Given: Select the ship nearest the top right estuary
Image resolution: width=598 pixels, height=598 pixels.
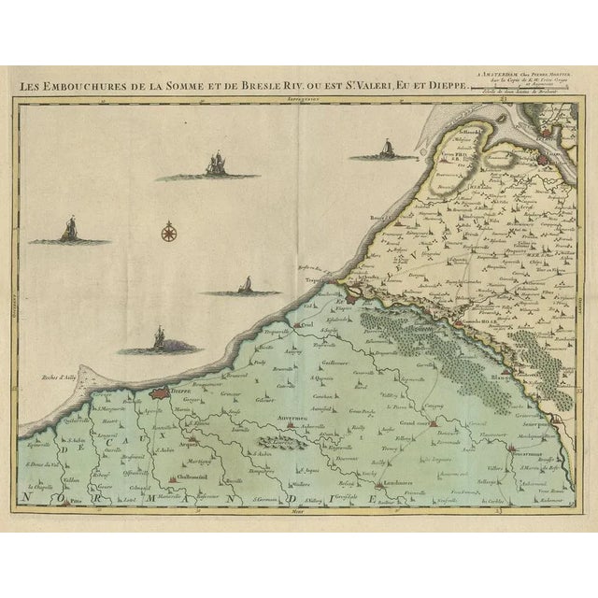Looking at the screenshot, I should pyautogui.click(x=384, y=149).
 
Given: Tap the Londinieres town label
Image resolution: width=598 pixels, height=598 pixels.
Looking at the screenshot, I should pyautogui.click(x=373, y=482).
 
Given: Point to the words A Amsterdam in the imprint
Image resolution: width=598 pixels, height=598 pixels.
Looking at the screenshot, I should pyautogui.click(x=513, y=71).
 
